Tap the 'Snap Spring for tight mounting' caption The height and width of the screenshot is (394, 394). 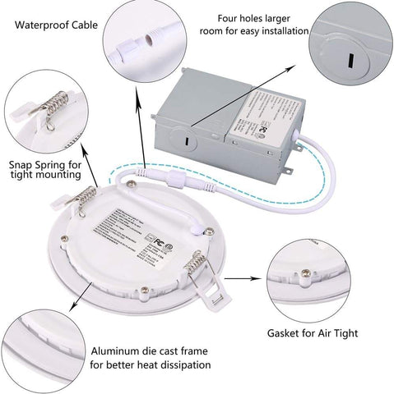coord(45,167)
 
